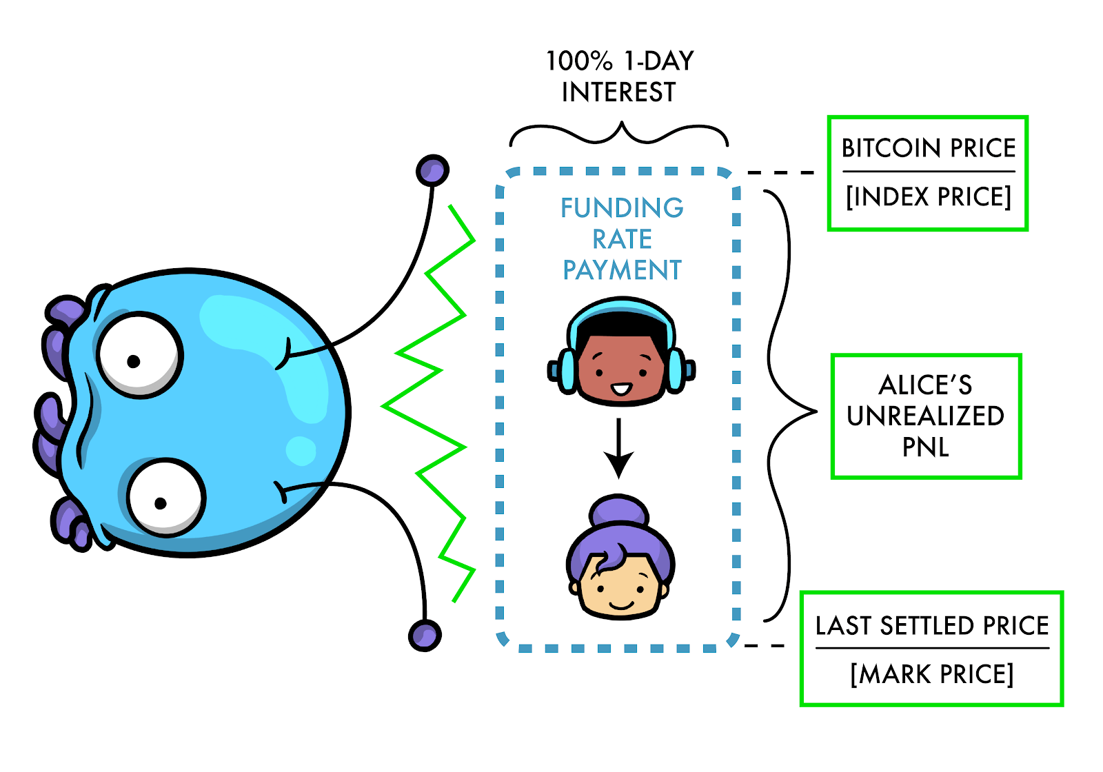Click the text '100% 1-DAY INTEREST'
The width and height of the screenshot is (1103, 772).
point(619,77)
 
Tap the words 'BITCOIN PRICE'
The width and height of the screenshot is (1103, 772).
point(928,148)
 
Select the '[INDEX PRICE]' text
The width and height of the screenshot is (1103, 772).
point(928,197)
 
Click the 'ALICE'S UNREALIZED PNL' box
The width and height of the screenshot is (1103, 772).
point(926,416)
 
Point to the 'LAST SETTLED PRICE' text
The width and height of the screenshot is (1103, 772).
point(931,626)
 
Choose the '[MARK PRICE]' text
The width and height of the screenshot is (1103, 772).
point(931,674)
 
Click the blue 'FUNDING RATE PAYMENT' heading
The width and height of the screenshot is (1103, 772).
point(622,238)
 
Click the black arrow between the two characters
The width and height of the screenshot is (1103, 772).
point(619,448)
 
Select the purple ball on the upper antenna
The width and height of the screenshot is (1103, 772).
point(432,170)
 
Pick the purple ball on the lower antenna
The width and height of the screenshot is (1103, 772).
point(425,635)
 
